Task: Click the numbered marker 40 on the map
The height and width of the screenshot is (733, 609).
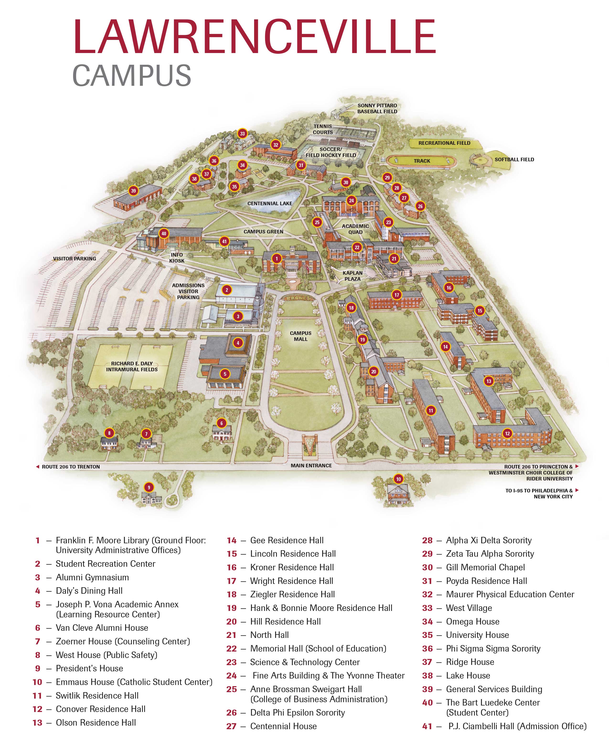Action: pyautogui.click(x=164, y=233)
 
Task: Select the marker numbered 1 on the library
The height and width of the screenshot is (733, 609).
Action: pyautogui.click(x=276, y=259)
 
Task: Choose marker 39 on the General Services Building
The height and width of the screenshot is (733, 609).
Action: pyautogui.click(x=133, y=191)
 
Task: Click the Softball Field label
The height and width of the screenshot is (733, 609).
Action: pyautogui.click(x=514, y=160)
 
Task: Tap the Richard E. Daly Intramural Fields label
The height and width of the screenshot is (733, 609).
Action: pyautogui.click(x=132, y=366)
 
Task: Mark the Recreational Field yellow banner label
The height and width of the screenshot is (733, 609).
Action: pyautogui.click(x=444, y=143)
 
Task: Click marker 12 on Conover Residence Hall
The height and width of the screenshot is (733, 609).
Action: pyautogui.click(x=507, y=434)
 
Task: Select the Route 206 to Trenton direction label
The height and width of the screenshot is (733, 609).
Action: pyautogui.click(x=70, y=467)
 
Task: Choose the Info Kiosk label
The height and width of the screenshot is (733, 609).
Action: pyautogui.click(x=176, y=258)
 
